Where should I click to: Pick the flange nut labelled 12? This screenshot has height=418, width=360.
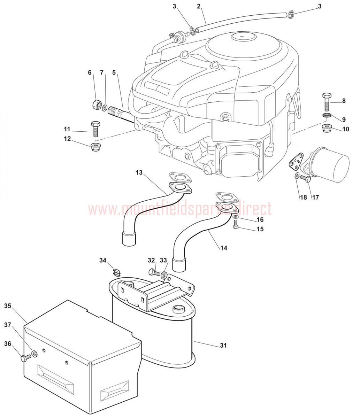[x=95, y=146]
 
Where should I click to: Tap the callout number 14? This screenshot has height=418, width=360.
[x=224, y=248]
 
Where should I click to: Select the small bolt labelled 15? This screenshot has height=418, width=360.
[x=236, y=227]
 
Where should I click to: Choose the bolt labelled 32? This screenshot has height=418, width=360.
[x=153, y=271]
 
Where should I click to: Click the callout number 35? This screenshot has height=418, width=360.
[x=8, y=306]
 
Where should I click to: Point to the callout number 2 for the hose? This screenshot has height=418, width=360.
[x=199, y=6]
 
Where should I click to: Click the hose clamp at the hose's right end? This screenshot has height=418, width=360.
[x=290, y=14]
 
